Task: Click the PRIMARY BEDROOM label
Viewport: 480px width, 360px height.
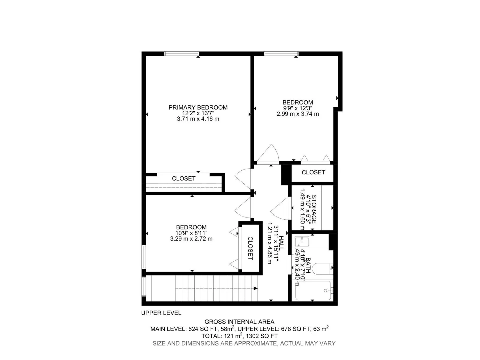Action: pos(198,107)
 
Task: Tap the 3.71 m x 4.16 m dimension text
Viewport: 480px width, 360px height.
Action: pos(198,119)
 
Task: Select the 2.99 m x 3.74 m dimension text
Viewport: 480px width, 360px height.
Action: pos(298,114)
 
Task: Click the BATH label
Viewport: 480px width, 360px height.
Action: pos(308,265)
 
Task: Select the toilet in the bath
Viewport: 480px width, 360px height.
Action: pos(322,268)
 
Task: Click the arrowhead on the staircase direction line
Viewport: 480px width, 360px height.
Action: pos(256,288)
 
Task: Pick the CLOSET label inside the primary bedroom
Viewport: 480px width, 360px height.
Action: pos(184,178)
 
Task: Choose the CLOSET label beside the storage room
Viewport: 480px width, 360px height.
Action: pos(313,172)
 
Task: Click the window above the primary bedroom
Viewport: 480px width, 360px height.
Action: pos(181,54)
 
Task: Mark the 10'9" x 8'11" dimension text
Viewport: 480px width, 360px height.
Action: pos(191,233)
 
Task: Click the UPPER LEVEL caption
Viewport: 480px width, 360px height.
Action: pos(161,313)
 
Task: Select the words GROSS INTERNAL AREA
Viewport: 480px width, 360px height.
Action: pos(239,322)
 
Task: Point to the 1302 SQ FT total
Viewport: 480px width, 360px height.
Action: pos(262,336)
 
